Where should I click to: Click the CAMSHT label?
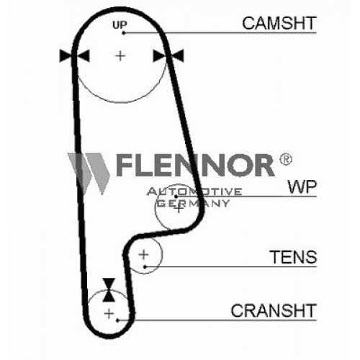pyautogui.click(x=279, y=23)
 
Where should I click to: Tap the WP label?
pyautogui.click(x=302, y=186)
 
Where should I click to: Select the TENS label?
pyautogui.click(x=293, y=257)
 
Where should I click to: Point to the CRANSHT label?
pyautogui.click(x=274, y=310)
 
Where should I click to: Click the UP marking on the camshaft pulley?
pyautogui.click(x=120, y=24)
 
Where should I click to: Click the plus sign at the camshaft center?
pyautogui.click(x=120, y=56)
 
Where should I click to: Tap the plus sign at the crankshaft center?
pyautogui.click(x=109, y=313)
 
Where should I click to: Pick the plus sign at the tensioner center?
pyautogui.click(x=144, y=254)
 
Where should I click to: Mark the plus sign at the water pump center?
pyautogui.click(x=178, y=209)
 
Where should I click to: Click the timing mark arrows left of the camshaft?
pyautogui.click(x=74, y=56)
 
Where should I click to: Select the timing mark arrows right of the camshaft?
pyautogui.click(x=168, y=56)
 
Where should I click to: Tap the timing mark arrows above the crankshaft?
pyautogui.click(x=109, y=290)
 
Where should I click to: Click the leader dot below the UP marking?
pyautogui.click(x=124, y=33)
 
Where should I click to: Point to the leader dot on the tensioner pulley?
pyautogui.click(x=145, y=266)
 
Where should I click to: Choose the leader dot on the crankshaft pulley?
pyautogui.click(x=117, y=320)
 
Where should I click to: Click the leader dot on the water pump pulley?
pyautogui.click(x=176, y=197)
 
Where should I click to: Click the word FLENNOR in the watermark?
pyautogui.click(x=196, y=165)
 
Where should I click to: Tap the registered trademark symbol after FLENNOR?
pyautogui.click(x=286, y=159)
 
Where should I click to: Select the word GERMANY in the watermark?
pyautogui.click(x=194, y=204)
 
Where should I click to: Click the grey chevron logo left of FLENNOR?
pyautogui.click(x=89, y=174)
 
